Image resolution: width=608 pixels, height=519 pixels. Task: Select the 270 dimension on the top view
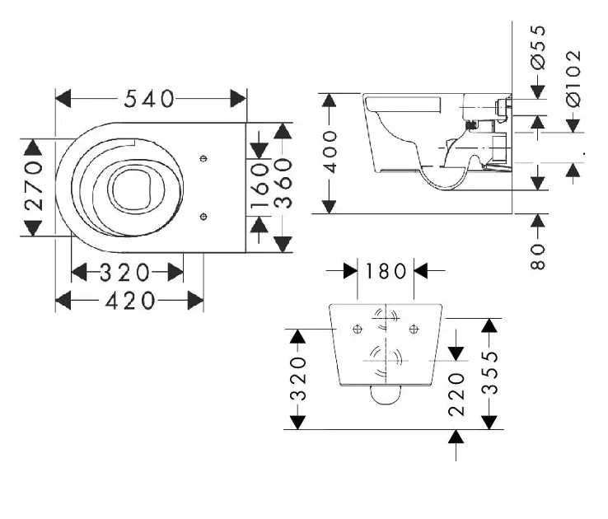[x=33, y=187]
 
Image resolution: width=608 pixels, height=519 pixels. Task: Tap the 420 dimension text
[x=129, y=302]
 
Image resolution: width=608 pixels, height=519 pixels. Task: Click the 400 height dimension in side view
[x=330, y=152]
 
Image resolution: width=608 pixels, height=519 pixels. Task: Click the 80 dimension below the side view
[x=538, y=254]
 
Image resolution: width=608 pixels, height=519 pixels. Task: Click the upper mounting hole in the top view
[x=204, y=157]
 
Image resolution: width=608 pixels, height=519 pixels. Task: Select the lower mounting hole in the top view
[x=204, y=217]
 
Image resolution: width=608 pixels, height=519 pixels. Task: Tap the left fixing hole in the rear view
[x=357, y=330]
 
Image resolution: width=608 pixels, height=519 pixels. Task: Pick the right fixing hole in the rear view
[x=413, y=330]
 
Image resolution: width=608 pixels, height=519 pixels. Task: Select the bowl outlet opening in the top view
[x=132, y=188]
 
